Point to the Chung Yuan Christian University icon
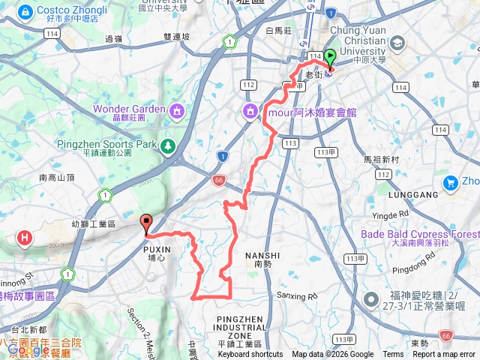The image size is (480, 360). tap(396, 44)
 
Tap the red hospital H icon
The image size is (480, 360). tap(26, 238)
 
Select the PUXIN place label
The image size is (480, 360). tap(157, 249)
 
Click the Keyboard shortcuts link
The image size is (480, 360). tap(250, 355)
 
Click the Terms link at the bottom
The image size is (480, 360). tap(393, 355)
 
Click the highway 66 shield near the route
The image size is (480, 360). tap(218, 180)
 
